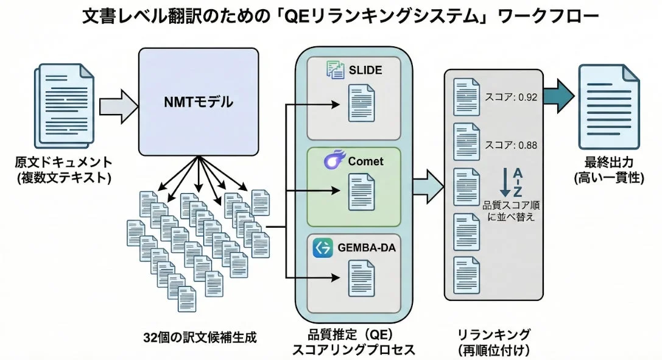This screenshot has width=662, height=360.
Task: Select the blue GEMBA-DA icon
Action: [323, 247]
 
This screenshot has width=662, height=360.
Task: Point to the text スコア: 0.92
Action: [510, 97]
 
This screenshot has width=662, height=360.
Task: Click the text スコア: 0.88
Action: [510, 145]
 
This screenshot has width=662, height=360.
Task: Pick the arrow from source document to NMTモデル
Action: [118, 104]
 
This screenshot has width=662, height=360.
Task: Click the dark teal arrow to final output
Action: [558, 98]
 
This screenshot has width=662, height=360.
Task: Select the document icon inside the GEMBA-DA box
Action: [361, 278]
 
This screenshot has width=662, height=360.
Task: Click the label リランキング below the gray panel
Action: [495, 334]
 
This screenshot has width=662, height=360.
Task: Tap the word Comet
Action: [365, 161]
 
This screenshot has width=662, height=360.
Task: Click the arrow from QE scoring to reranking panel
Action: [428, 182]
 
